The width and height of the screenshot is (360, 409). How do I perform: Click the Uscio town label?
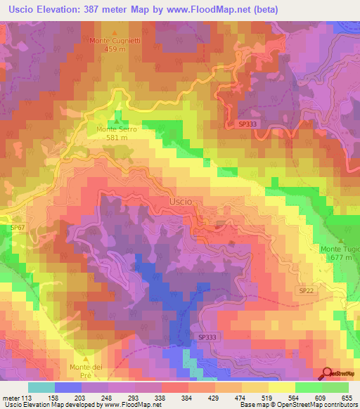click(x=181, y=201)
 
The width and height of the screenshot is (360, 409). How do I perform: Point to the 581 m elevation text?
click(x=116, y=138)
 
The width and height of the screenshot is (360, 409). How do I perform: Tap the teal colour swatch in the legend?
click(x=41, y=387)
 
